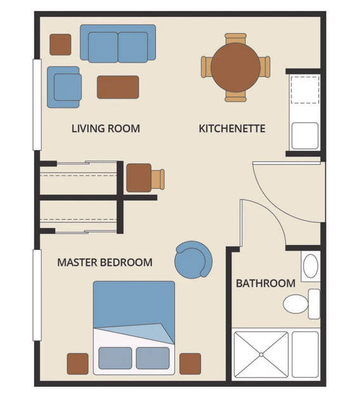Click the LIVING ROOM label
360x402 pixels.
pos(106,129)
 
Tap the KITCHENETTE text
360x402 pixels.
pos(232,129)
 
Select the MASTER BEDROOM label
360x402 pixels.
pos(105,262)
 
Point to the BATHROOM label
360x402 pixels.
pos(266,283)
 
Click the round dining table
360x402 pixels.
pos(236,67)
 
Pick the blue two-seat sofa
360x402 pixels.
pos(118,43)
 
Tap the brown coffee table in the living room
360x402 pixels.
pos(118,87)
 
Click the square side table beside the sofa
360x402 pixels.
pos(60,44)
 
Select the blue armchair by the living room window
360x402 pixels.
pos(64,87)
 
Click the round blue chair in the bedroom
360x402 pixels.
pos(193,260)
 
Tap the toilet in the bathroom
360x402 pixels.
pos(302,304)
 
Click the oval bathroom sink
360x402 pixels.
pos(311,266)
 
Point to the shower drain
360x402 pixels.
pos(261,355)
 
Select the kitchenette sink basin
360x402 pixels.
pos(305,136)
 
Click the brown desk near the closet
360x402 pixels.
pos(139,178)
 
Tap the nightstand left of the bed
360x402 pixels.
pos(78,364)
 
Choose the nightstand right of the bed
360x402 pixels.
pos(190,364)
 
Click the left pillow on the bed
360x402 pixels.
pos(115,358)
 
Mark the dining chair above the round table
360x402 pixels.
pos(236,38)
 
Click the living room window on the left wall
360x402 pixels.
pos(37,104)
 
